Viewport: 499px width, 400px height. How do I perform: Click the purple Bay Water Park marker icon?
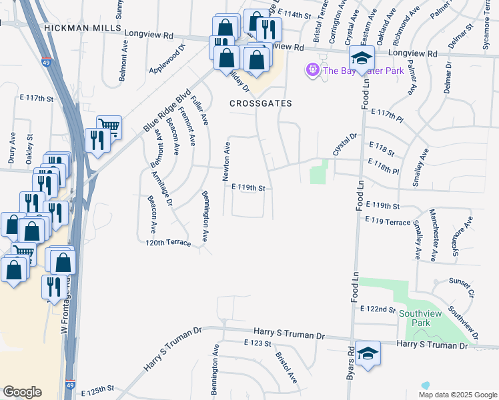(x=312, y=69)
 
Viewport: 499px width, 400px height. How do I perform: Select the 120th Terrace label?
(x=168, y=244)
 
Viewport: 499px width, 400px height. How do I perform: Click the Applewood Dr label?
(x=166, y=61)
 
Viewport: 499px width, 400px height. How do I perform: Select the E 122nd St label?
(x=378, y=309)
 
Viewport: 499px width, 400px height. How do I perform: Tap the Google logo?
(x=22, y=392)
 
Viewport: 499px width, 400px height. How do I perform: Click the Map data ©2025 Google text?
(x=457, y=395)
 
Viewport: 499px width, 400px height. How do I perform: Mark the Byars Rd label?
(x=350, y=363)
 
